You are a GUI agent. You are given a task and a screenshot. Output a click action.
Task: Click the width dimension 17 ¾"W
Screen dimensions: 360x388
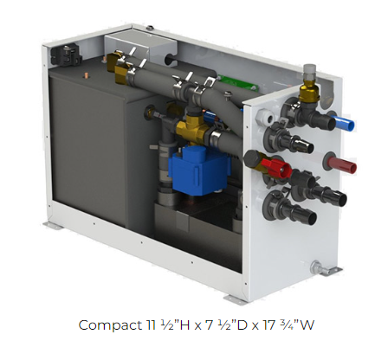[x=277, y=325]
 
